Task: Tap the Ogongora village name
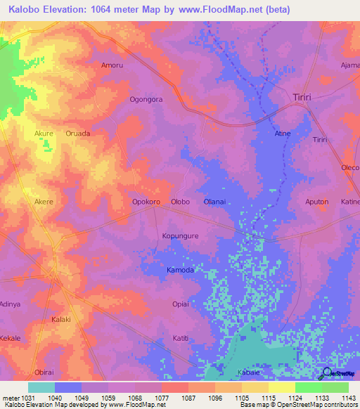[x=146, y=99]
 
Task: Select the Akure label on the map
[x=44, y=133]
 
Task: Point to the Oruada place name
[x=77, y=133]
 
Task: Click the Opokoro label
[x=146, y=202]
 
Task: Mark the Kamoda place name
[x=180, y=270]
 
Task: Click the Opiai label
[x=181, y=304]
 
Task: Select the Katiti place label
[x=181, y=338]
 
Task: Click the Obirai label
[x=44, y=372]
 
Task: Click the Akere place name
[x=44, y=202]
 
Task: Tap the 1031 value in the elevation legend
[x=25, y=398]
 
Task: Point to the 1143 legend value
[x=348, y=398]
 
